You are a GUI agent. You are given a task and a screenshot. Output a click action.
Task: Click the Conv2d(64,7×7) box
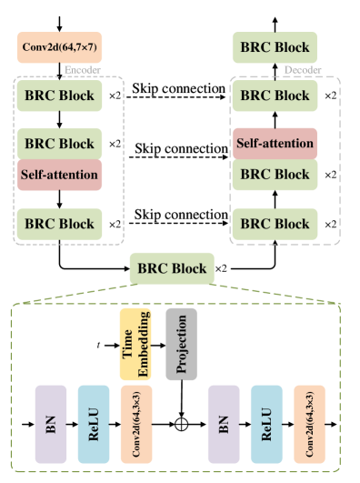(59, 47)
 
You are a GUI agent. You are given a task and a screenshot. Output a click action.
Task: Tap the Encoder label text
(82, 70)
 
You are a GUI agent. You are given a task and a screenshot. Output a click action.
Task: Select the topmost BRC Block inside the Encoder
(59, 96)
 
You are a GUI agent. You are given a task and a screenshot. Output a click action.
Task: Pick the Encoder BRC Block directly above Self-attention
(59, 144)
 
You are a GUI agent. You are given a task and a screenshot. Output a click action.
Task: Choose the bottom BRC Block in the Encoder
(59, 223)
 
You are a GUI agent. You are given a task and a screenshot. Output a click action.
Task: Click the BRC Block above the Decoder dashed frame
(274, 47)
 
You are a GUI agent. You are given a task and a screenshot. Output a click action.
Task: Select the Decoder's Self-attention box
(274, 144)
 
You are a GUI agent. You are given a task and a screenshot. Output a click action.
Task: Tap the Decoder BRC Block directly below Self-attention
(274, 174)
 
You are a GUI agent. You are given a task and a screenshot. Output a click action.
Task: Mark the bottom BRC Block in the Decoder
(274, 223)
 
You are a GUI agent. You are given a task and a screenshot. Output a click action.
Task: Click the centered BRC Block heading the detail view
(172, 268)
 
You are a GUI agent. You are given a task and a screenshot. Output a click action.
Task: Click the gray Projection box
(181, 344)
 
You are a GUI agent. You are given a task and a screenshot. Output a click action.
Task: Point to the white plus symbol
(181, 424)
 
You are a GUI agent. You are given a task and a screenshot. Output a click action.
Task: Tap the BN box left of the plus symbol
(51, 424)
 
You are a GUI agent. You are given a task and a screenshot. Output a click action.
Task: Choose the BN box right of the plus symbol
(224, 424)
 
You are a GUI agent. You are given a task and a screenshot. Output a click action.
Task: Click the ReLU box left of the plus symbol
(94, 424)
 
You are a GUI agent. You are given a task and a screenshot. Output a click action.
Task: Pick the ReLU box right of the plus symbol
(266, 424)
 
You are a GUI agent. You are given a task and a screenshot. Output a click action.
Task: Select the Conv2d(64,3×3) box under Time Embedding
(136, 424)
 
